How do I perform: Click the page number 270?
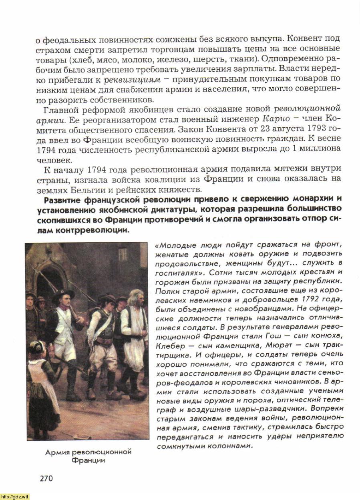tap(46, 478)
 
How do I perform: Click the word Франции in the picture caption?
tap(88, 460)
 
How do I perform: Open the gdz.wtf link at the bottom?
tap(15, 497)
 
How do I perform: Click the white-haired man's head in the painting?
tap(135, 297)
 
